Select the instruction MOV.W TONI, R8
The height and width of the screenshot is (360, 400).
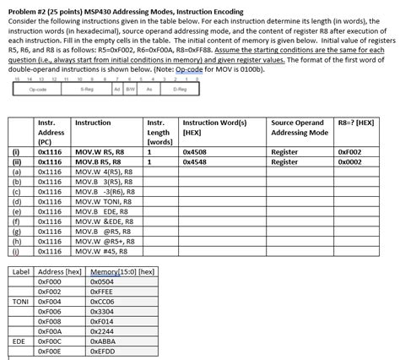tap(100, 203)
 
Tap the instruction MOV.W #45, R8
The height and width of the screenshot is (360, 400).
tap(99, 251)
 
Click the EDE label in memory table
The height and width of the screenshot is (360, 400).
tap(21, 341)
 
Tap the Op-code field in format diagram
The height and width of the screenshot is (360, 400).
tap(38, 88)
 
